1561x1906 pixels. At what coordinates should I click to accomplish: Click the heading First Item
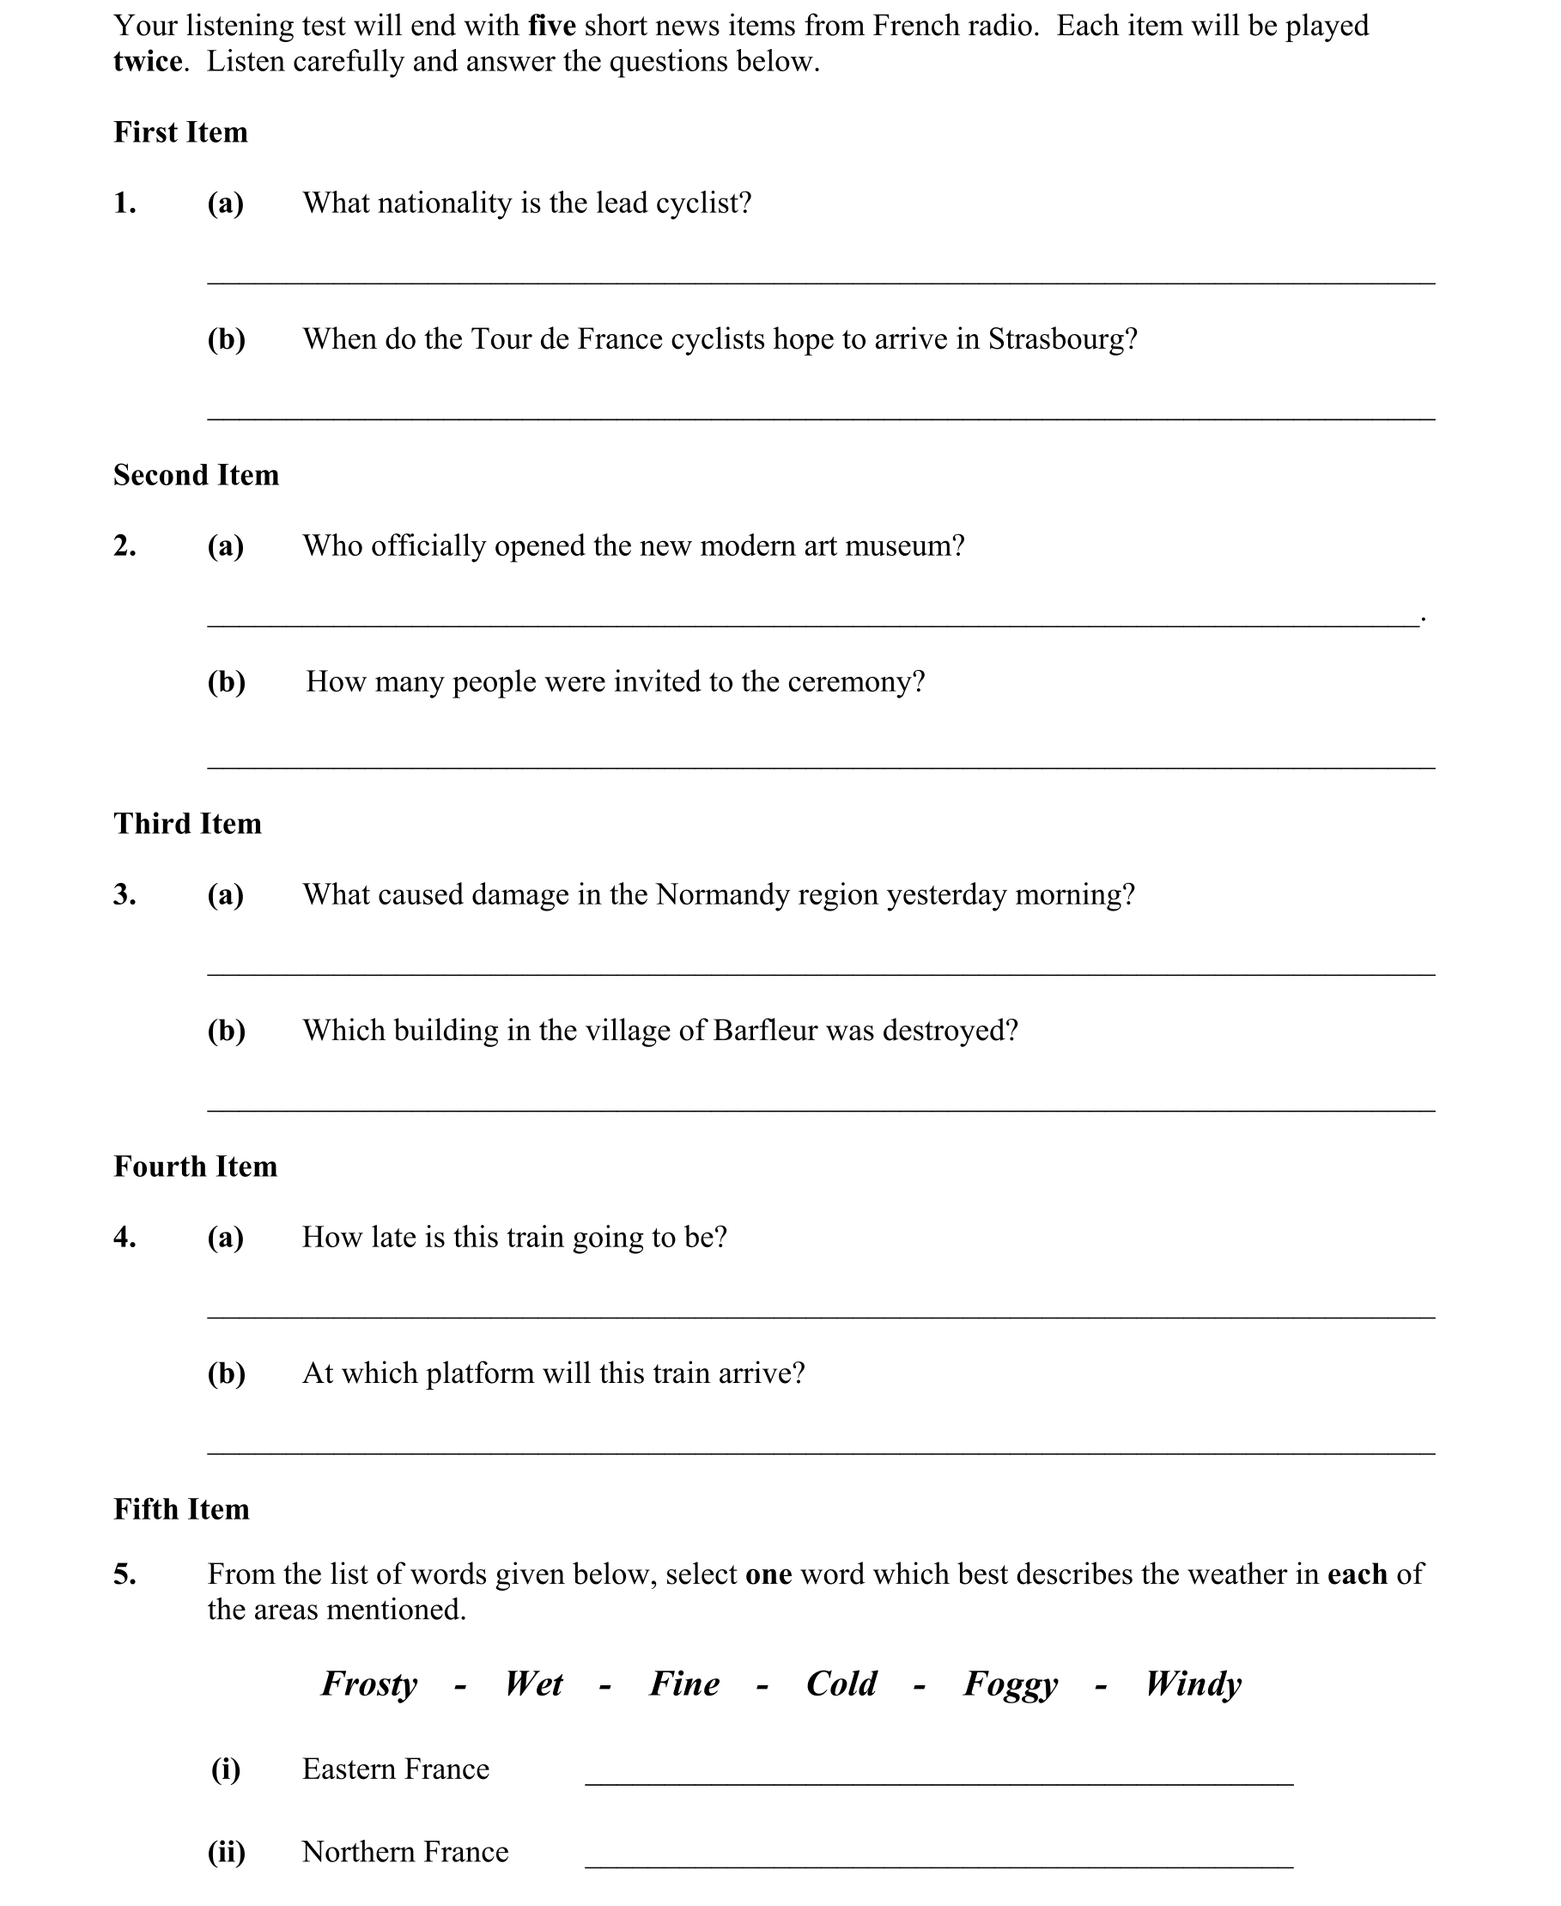(x=179, y=132)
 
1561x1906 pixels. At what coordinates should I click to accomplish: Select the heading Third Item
(x=187, y=823)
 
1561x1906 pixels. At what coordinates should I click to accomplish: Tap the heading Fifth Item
(x=180, y=1508)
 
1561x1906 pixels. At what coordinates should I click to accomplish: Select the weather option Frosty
(x=369, y=1684)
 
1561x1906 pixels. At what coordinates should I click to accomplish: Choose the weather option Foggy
(x=1011, y=1684)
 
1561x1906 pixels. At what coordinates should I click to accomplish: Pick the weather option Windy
(x=1194, y=1684)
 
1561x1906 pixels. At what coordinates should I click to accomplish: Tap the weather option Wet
(x=533, y=1684)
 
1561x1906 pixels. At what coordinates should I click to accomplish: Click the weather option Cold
(x=841, y=1684)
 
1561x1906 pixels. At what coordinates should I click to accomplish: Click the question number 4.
(x=125, y=1237)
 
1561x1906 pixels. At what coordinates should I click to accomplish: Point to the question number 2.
(x=125, y=545)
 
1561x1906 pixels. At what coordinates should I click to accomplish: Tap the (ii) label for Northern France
(x=226, y=1852)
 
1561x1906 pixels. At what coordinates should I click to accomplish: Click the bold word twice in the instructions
(x=148, y=61)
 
